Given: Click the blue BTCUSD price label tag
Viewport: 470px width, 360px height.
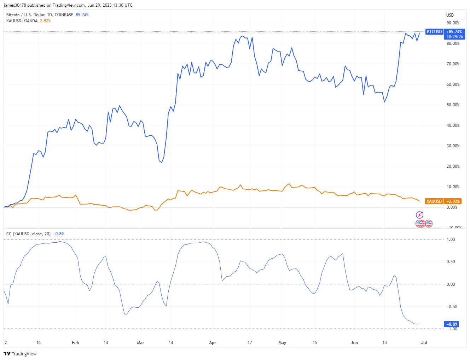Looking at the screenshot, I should (x=434, y=32).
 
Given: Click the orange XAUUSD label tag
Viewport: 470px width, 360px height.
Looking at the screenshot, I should (x=434, y=201).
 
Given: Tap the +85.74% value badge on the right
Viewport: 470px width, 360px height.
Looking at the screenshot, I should (x=454, y=32).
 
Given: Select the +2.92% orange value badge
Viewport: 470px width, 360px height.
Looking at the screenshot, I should (x=453, y=201).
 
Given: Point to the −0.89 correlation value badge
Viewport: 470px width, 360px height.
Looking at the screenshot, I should (x=452, y=324).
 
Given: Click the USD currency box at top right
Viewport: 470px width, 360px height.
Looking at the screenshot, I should (x=454, y=15).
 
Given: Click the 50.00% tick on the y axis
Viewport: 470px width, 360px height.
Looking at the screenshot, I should (x=453, y=105).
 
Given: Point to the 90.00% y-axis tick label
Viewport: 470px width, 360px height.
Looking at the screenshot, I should (x=453, y=23).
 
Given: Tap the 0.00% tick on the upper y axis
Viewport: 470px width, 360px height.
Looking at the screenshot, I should (x=452, y=207).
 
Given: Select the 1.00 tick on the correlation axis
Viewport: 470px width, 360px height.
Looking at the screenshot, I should (x=451, y=240).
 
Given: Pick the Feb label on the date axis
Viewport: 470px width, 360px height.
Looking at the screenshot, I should (x=75, y=343).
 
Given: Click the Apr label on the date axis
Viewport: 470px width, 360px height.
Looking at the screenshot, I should (x=213, y=343).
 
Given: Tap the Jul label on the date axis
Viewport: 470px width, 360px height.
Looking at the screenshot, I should (x=424, y=343).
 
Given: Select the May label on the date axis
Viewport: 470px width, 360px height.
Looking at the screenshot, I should (x=282, y=343).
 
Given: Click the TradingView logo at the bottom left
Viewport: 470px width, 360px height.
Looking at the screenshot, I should (x=20, y=354).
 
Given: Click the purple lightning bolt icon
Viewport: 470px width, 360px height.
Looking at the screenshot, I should (x=419, y=215).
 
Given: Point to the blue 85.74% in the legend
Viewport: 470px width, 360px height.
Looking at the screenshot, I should (x=82, y=15).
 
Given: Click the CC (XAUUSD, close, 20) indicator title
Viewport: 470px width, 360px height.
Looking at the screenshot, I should (x=28, y=234).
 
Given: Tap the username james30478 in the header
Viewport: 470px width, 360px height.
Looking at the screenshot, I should (x=15, y=5).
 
